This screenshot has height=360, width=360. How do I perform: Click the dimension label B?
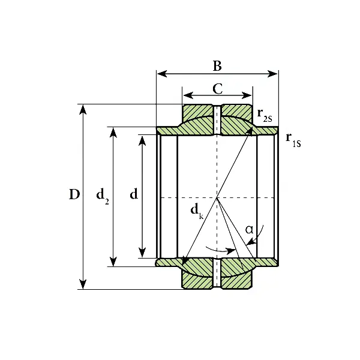217,66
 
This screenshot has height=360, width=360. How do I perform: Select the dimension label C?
218,89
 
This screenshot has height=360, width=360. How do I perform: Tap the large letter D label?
74,194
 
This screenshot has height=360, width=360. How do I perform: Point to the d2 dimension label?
103,196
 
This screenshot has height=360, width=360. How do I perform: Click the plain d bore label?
134,194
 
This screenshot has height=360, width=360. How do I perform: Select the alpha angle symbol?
250,229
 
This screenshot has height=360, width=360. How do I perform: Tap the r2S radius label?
265,115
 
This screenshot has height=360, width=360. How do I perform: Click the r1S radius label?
293,140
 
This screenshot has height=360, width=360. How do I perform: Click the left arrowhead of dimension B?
162,74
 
